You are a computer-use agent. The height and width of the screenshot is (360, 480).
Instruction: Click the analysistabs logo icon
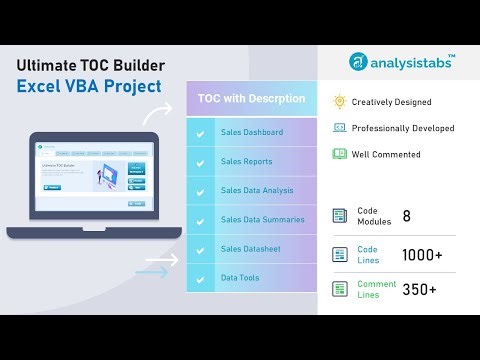(x=356, y=62)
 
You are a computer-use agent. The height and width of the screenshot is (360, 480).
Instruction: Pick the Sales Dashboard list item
(x=252, y=132)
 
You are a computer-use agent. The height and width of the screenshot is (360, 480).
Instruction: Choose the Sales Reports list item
(x=248, y=160)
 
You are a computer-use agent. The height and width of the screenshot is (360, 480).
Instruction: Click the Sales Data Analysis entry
(x=258, y=189)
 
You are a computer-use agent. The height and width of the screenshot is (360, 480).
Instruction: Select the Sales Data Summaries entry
(x=262, y=218)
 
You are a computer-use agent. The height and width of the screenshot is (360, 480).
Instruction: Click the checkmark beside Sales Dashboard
(x=201, y=132)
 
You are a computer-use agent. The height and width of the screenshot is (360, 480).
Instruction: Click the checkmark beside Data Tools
(x=201, y=276)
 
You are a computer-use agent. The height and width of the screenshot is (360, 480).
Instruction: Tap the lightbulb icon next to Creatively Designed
(x=340, y=102)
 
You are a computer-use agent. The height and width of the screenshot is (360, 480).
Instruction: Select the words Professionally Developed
(x=403, y=128)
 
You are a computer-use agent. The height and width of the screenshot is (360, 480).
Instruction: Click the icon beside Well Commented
(x=340, y=154)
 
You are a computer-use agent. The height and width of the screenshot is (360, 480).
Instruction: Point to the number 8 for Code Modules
(x=407, y=216)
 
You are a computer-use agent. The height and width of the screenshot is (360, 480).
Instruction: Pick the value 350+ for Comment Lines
(x=420, y=290)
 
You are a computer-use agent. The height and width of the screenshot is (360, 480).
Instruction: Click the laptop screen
(x=92, y=179)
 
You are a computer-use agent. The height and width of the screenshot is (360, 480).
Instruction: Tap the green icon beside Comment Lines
(x=340, y=290)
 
